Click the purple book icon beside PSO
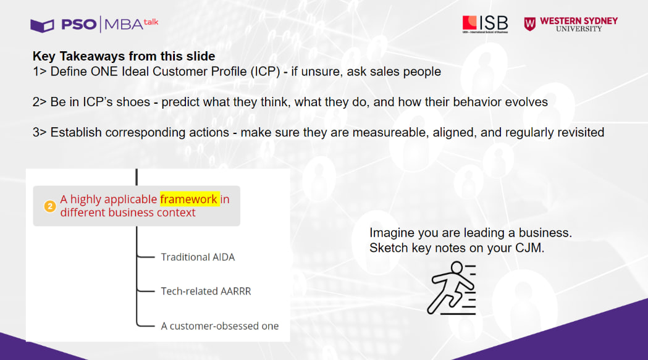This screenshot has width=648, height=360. point(42,25)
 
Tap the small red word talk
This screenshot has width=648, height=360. point(151,22)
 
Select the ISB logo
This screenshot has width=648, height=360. point(485,24)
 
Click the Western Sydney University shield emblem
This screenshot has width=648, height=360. point(530,24)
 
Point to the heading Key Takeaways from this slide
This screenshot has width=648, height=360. point(124,56)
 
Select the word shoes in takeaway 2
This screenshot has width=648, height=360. point(133,102)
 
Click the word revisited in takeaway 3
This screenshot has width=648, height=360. point(581,132)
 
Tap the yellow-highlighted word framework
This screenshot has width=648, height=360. point(189,199)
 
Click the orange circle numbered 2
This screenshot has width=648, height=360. point(50,206)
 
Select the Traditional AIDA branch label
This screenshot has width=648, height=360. point(198,257)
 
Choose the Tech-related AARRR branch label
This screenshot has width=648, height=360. point(206,291)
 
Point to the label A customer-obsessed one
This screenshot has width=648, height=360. point(220,326)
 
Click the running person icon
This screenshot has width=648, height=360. point(452,288)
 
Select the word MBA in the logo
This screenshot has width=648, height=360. point(124,25)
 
